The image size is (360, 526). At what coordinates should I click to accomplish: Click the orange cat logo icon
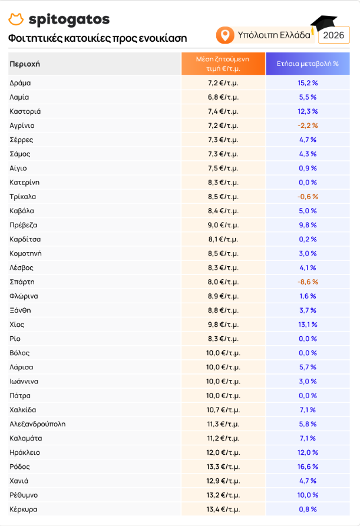point(16,19)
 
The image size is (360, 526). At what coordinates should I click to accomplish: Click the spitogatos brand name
point(69,20)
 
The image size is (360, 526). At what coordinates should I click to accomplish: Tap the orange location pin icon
point(225,35)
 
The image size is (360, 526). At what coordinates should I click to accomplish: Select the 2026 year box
point(333,35)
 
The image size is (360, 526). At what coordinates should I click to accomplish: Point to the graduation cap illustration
point(323,24)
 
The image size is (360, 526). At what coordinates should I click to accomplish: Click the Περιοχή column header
point(25,64)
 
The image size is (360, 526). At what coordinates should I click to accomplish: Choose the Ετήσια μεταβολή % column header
point(308,64)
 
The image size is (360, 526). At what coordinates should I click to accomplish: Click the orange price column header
point(223,64)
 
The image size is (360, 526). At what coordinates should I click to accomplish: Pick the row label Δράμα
point(20,83)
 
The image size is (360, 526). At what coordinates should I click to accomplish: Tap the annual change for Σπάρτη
point(308,282)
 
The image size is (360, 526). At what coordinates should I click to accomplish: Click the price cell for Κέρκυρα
point(223,510)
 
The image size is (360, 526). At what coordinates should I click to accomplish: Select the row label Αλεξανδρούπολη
point(38,424)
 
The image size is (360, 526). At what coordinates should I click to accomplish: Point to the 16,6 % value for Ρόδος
point(308,467)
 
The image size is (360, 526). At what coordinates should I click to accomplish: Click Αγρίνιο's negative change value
point(308,125)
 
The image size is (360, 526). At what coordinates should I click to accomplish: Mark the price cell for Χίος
point(223,325)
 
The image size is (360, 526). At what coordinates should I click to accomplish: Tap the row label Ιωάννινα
point(24,382)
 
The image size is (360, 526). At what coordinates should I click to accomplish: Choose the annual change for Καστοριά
point(308,111)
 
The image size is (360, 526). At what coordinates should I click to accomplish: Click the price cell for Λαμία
point(223,97)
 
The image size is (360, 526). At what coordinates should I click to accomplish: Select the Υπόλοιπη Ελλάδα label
point(274,35)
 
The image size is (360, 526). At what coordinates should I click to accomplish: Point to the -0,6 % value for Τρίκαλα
point(308,197)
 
